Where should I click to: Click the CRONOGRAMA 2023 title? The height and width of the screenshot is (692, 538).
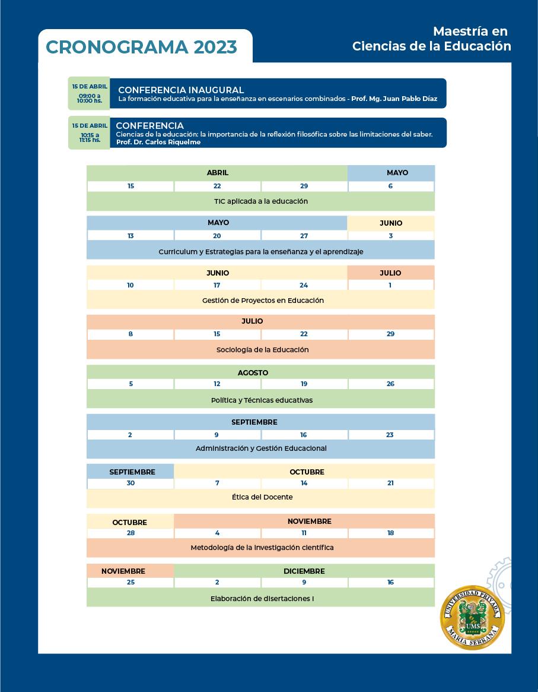pos(141,47)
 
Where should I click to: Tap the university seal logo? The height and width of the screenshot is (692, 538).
pos(472,618)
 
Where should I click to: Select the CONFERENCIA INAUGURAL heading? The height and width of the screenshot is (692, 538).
pos(181,90)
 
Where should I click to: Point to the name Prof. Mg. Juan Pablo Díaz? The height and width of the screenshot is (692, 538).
pos(394,99)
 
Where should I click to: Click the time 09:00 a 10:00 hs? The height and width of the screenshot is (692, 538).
pos(89,98)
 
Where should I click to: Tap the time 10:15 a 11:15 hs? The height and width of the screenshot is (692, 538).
pos(90,137)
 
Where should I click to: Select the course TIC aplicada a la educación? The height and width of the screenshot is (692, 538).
pos(260,201)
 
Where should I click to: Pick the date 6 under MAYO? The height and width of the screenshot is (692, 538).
pos(390,186)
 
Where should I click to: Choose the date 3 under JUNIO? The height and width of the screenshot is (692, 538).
pos(390,236)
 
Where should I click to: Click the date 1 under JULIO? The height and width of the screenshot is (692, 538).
pos(390,285)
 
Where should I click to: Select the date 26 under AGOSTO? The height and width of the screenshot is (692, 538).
pos(390,384)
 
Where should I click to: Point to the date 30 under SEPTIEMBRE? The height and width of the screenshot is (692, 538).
pos(130,483)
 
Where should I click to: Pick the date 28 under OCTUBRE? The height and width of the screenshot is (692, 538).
pos(130,533)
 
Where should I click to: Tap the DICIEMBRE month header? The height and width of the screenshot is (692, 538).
pos(304,571)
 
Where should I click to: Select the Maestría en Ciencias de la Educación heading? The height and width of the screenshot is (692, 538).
pos(432,39)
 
